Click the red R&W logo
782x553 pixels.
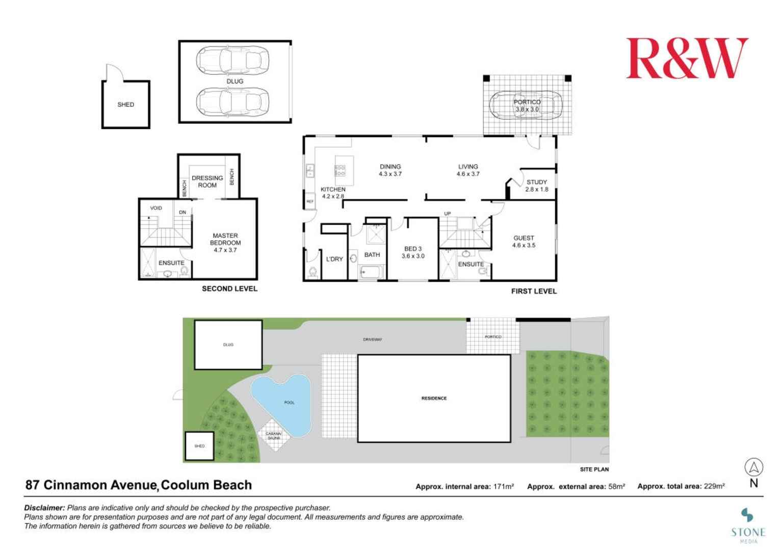click(x=686, y=59)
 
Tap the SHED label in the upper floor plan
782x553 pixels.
click(x=125, y=104)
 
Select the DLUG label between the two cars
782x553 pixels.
click(x=234, y=81)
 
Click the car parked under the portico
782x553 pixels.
click(x=525, y=106)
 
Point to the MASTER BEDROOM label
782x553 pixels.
click(x=225, y=243)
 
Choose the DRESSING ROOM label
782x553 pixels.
click(x=207, y=181)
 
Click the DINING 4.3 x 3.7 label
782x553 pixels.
click(x=390, y=170)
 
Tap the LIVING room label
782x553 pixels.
click(x=467, y=170)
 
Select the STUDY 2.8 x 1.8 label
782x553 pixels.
click(x=536, y=186)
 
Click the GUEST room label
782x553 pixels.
click(x=524, y=242)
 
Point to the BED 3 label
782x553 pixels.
click(x=412, y=252)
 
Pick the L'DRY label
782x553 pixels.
click(x=334, y=259)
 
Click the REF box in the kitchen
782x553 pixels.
click(x=309, y=202)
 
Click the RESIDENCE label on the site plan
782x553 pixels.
click(x=434, y=398)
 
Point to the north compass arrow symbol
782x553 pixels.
click(x=753, y=467)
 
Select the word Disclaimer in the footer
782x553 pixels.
click(x=44, y=508)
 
